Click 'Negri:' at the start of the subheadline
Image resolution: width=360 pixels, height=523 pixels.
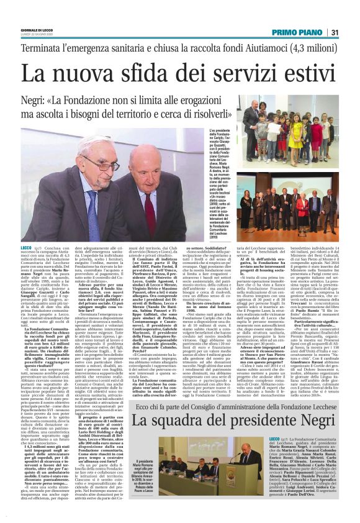[38, 99]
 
